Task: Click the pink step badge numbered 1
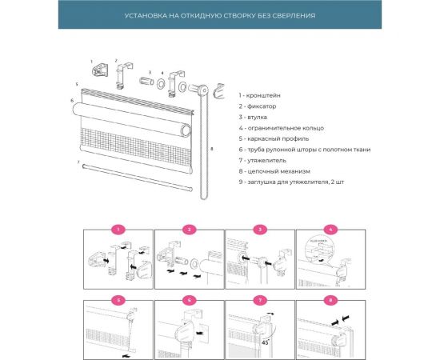tap(118, 230)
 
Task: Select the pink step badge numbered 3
tap(258, 230)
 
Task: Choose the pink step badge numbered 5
tap(118, 301)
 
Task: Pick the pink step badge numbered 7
tap(258, 301)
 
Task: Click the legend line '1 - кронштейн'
tap(259, 95)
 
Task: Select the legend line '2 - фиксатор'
tap(257, 106)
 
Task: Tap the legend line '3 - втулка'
tap(254, 117)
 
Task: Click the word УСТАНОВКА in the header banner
tap(148, 15)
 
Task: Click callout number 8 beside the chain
tap(211, 149)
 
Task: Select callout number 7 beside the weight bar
tap(78, 162)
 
